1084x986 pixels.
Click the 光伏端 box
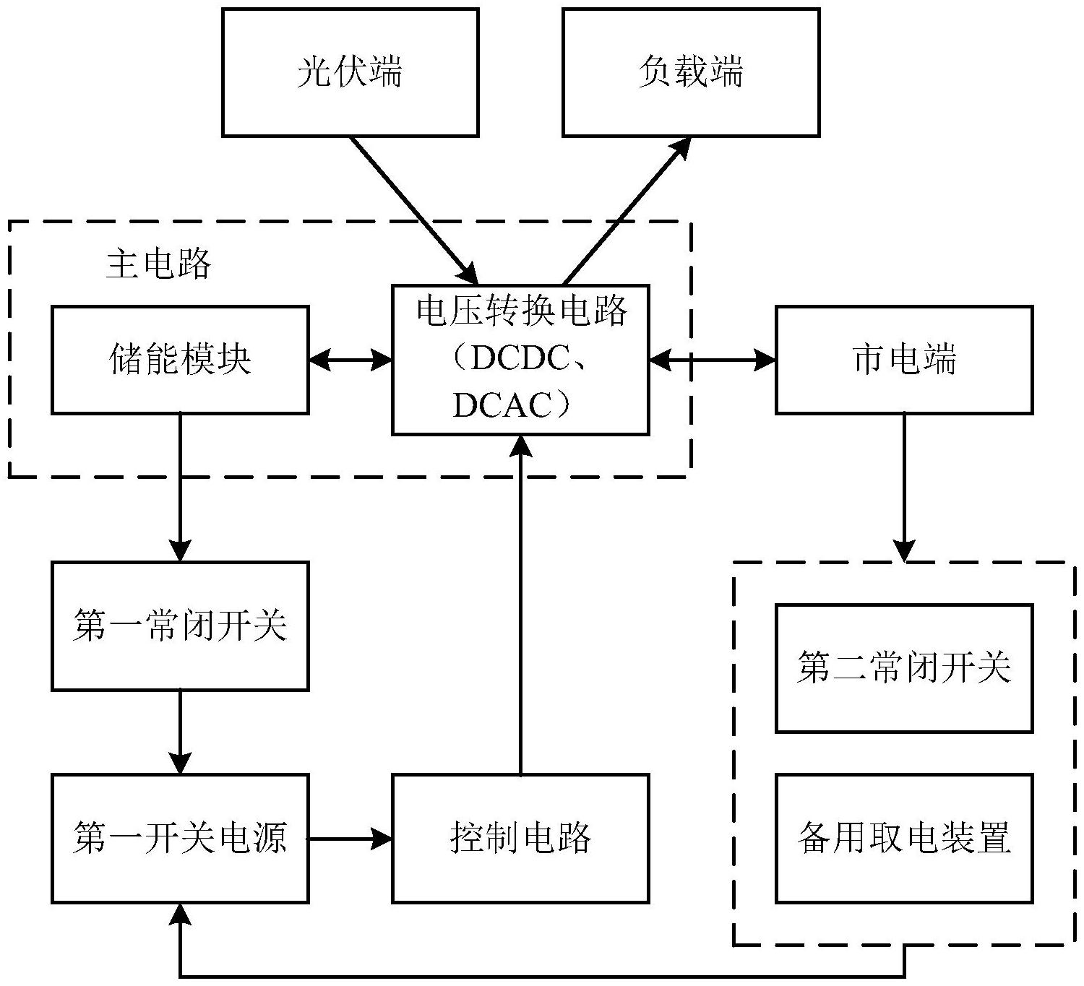click(x=350, y=72)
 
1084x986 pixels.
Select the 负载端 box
click(x=690, y=72)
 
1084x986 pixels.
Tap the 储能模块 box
click(x=180, y=359)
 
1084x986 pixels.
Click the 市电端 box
click(x=903, y=359)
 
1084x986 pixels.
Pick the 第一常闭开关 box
click(x=180, y=626)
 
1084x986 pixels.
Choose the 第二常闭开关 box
click(x=903, y=668)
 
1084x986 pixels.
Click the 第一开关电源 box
click(x=180, y=838)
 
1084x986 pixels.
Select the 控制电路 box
click(x=520, y=838)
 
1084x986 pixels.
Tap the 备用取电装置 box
click(x=903, y=838)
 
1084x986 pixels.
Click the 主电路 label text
click(x=159, y=264)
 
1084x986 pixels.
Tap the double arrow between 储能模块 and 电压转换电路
click(x=350, y=359)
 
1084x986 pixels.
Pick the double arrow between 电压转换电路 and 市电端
click(x=712, y=359)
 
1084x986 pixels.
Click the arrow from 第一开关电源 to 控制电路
click(x=350, y=839)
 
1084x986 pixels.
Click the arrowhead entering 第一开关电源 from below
click(x=180, y=914)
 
